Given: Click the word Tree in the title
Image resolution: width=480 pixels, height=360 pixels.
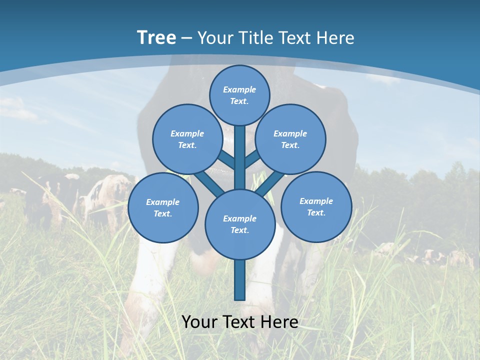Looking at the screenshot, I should pos(156,37).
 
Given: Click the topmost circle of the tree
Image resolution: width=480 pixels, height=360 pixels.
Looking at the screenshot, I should pos(239,95).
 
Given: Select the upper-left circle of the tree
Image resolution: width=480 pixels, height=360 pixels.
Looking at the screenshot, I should pos(187,139).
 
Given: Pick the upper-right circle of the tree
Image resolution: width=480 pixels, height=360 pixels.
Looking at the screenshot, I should pos(290,139).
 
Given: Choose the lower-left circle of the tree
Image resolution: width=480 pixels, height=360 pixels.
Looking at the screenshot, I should pos(163,208).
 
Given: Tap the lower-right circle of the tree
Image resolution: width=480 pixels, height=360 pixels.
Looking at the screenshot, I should pos(316,207).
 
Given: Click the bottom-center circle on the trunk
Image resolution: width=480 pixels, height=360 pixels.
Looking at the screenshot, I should pos(240,224).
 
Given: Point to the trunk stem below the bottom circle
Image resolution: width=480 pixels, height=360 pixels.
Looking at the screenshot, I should pos(240,280).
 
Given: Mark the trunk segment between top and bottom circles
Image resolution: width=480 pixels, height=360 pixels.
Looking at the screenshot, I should pos(240,157).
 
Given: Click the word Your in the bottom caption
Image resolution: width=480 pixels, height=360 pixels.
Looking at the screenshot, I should pos(199,322).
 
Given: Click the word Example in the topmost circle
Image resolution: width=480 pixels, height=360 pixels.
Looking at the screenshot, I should pos(239,89).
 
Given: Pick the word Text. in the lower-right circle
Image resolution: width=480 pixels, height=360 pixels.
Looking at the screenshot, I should pos(316,213).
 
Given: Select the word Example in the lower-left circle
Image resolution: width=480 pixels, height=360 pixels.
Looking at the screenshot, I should pos(163,202).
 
